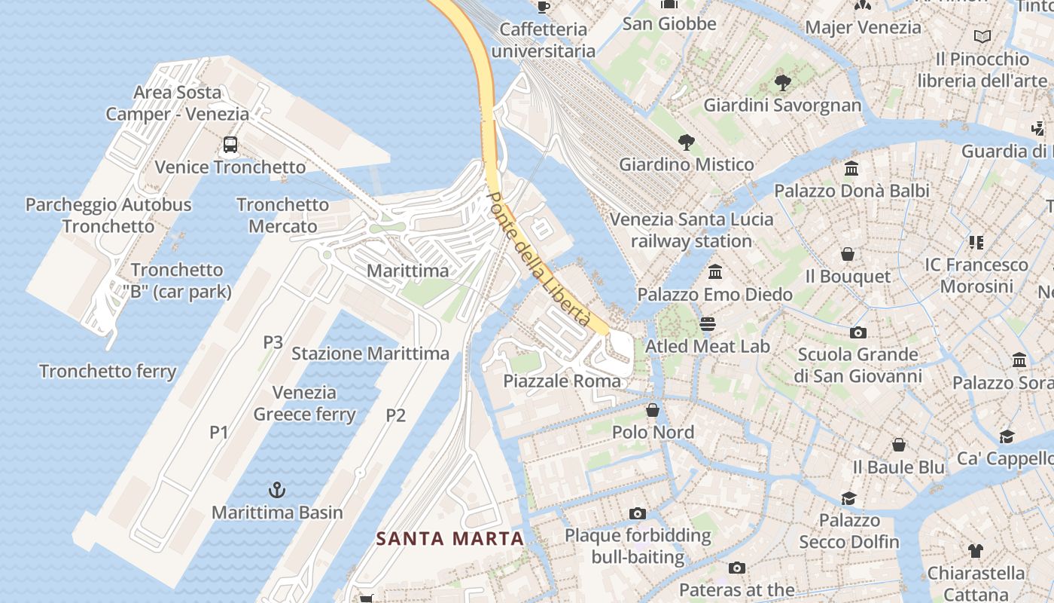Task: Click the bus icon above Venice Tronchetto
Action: [230, 144]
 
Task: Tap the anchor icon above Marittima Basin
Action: [277, 490]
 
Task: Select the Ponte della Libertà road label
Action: [539, 259]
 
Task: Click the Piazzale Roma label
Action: [562, 381]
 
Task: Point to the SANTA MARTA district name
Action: [449, 538]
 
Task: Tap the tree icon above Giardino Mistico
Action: [685, 142]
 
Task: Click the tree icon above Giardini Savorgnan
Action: [782, 82]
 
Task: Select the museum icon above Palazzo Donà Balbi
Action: [851, 168]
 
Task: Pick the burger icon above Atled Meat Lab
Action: [707, 324]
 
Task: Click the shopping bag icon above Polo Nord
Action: [653, 410]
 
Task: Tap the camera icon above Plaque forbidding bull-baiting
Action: [638, 513]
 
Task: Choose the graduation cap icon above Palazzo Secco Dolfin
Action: [849, 498]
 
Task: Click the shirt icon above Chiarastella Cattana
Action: [976, 550]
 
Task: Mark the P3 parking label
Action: [273, 342]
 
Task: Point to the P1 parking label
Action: [218, 432]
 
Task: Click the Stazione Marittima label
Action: [370, 354]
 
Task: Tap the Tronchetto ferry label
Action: [108, 372]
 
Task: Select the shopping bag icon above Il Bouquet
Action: [848, 254]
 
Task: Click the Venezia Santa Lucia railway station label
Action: [691, 230]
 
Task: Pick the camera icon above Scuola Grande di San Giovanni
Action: [858, 332]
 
